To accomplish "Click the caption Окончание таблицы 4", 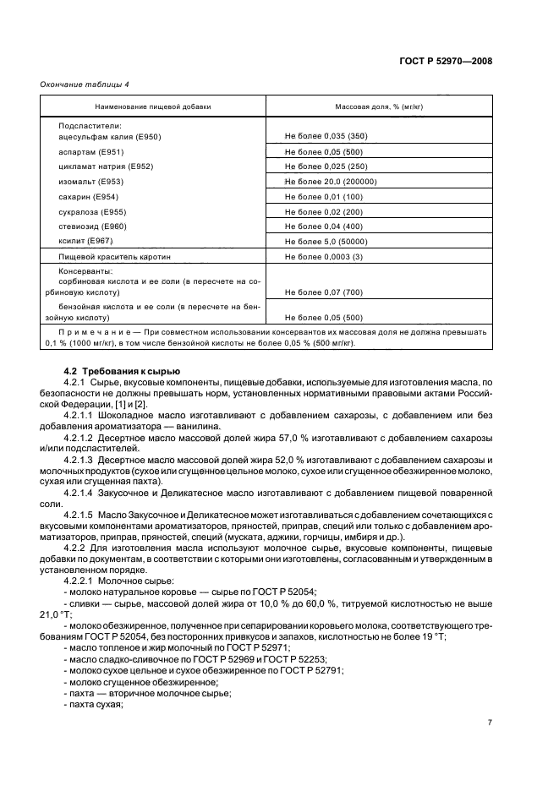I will [85, 84].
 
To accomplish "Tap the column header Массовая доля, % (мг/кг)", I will [378, 106].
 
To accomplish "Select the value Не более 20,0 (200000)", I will [330, 182].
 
